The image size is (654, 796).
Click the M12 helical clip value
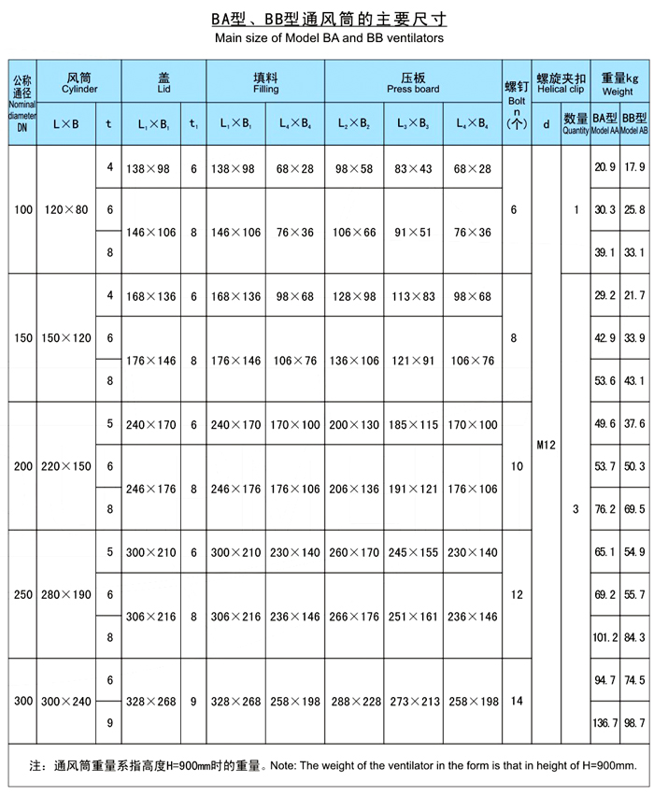(x=547, y=446)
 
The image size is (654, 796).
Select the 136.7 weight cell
(x=604, y=723)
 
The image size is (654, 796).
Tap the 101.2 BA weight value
(x=604, y=637)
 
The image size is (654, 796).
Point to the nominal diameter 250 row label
(x=23, y=594)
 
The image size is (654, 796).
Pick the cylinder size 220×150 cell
(x=65, y=465)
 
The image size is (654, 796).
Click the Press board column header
(x=413, y=83)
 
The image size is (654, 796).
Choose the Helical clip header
(x=561, y=83)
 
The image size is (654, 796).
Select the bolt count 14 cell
(x=514, y=701)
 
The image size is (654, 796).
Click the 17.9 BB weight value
(x=635, y=167)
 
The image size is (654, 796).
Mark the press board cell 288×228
(x=354, y=702)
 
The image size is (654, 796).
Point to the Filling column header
(x=265, y=83)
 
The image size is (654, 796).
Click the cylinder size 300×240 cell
(x=65, y=701)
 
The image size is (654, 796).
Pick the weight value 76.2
(x=604, y=509)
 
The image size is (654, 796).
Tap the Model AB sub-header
(x=635, y=129)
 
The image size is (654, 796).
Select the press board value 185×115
(x=413, y=424)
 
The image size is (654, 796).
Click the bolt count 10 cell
(x=514, y=465)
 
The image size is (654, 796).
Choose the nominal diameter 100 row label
(x=23, y=210)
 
